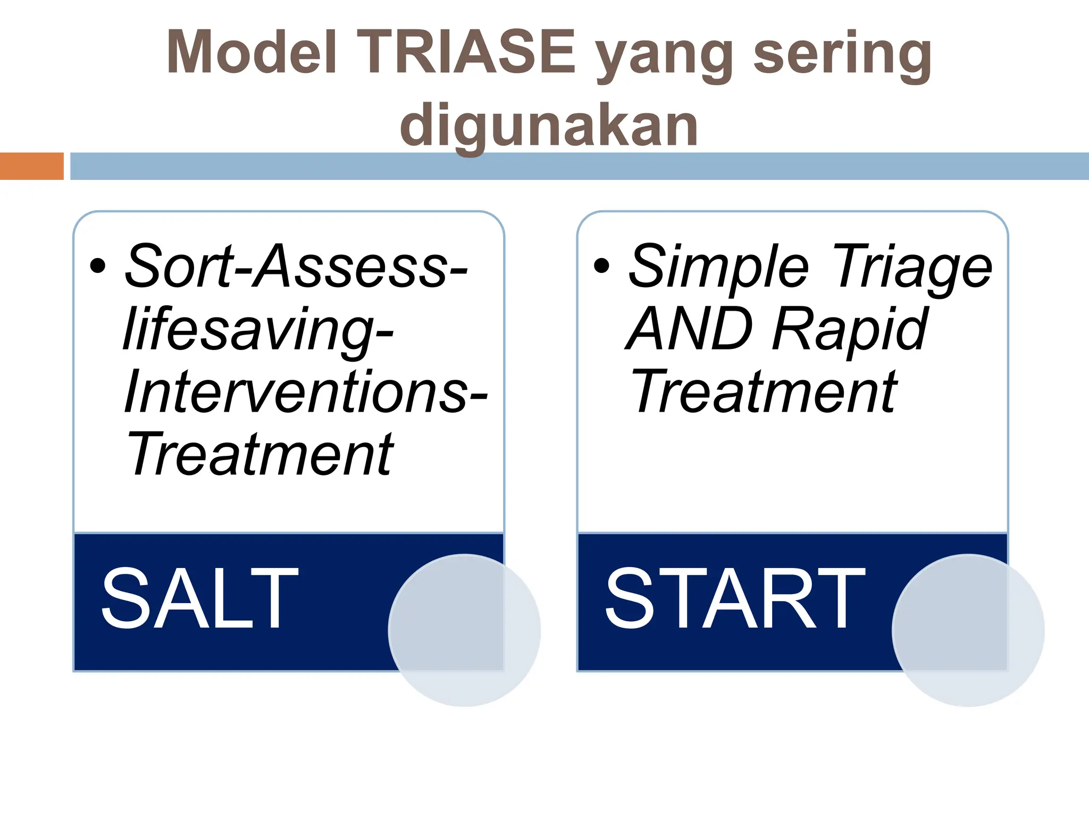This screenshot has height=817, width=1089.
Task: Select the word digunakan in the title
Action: coord(549,126)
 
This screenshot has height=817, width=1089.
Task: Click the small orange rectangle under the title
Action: coord(31,166)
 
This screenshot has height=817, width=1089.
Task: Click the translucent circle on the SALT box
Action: coord(464,630)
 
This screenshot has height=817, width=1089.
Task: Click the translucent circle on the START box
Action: coord(968,630)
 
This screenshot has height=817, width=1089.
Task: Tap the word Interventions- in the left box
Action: coord(305,393)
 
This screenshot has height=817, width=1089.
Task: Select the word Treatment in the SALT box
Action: coord(260,454)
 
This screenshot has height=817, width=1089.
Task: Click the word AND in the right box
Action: coord(689,330)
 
